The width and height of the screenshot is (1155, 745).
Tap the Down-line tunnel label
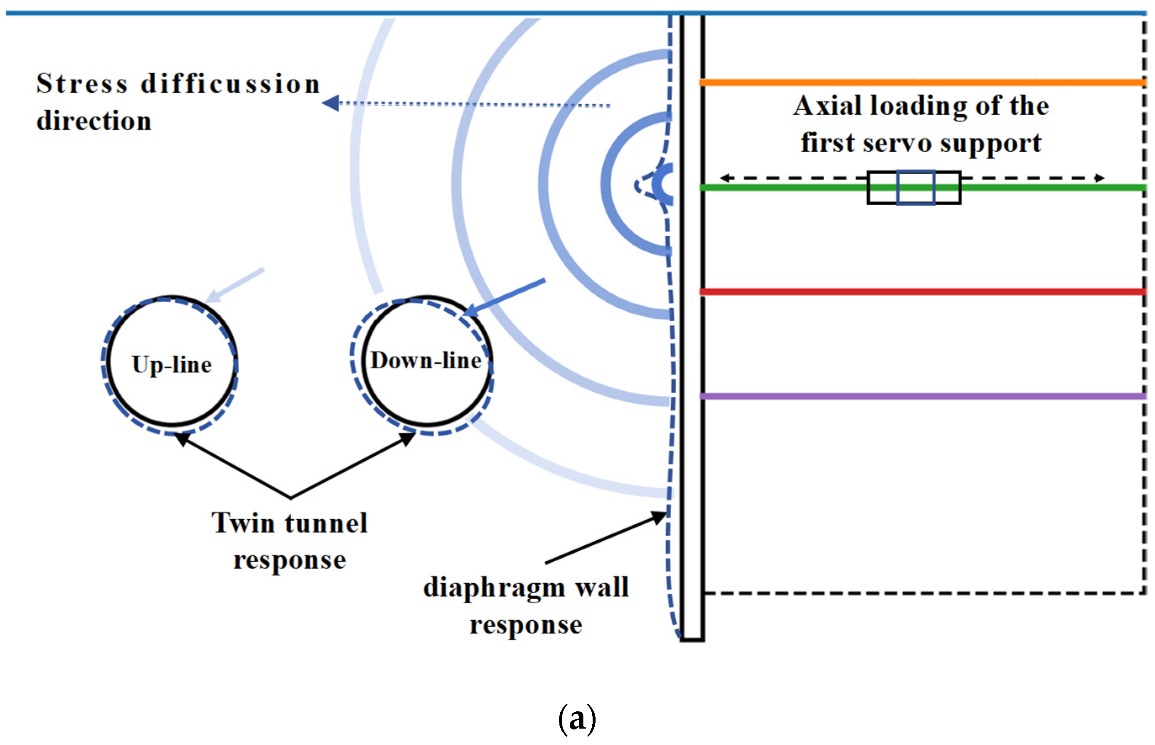pos(426,360)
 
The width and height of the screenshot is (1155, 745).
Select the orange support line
pos(922,82)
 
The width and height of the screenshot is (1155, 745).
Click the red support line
pos(922,292)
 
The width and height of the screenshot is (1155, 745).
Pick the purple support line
pos(922,396)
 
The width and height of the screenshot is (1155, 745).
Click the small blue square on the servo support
pos(915,187)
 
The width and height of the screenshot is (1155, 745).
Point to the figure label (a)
pos(577,719)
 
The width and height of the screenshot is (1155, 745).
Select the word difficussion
pos(230,83)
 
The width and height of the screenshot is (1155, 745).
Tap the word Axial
pos(828,106)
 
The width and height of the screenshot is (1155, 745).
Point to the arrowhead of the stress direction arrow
pos(330,103)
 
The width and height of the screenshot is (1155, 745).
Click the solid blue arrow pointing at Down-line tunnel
pos(504,298)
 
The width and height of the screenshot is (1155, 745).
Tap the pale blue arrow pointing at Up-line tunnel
pos(235,285)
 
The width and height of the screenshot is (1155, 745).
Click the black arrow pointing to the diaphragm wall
pos(606,537)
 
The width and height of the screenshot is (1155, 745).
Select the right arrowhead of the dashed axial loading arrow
pos(1100,178)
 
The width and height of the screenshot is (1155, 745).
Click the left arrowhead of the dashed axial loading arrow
pos(725,178)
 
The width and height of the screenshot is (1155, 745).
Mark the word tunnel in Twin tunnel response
pos(326,523)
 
